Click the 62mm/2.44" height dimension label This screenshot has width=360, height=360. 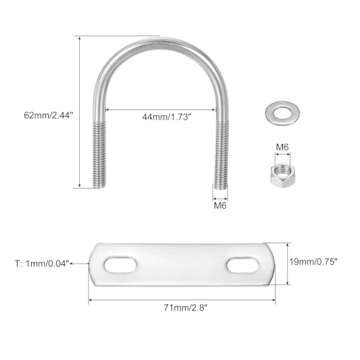point(48,115)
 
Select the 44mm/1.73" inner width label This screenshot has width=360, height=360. point(166,117)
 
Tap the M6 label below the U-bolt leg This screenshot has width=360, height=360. point(220,205)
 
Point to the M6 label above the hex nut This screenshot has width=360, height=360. point(282,147)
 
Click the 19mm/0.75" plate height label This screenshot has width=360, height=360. point(313,261)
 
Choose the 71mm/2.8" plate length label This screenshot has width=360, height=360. point(185,307)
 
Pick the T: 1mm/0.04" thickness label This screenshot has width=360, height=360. point(42,264)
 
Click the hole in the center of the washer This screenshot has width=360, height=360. point(283,112)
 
